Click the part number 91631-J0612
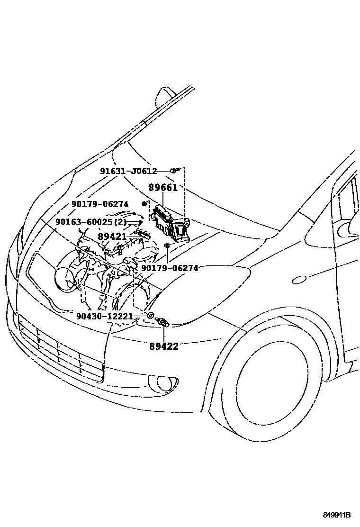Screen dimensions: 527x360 pos(128,171)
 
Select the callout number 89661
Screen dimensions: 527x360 pos(162,188)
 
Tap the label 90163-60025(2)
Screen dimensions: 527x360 pos(91,222)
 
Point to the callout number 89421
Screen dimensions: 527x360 pos(112,236)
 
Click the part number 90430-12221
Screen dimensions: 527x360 pos(104,316)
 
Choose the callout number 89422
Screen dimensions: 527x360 pos(162,346)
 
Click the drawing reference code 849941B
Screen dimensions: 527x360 pos(337,515)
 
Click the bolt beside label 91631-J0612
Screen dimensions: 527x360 pos(175,170)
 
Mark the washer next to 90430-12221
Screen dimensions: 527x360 pos(150,316)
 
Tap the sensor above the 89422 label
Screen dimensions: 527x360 pos(164,323)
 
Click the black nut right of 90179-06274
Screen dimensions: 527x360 pos(144,204)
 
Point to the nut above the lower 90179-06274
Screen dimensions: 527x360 pos(168,245)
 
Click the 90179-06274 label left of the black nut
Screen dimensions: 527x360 pos(100,204)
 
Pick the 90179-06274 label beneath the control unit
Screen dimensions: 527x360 pos(169,268)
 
